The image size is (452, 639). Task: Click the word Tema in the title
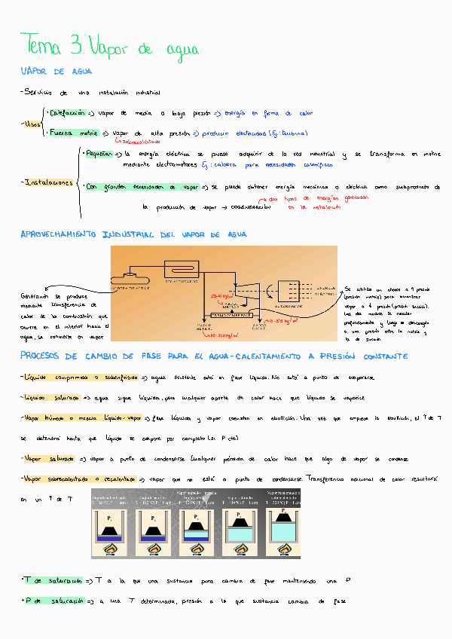[42, 44]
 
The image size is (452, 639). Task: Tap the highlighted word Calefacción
[66, 113]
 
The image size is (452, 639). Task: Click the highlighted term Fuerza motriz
[74, 133]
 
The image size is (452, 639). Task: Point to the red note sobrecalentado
[137, 141]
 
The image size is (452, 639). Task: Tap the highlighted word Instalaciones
[49, 182]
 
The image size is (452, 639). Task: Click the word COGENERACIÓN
[252, 206]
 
